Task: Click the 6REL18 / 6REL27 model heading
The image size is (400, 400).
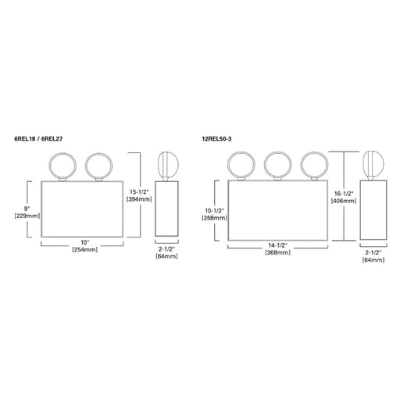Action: (38, 139)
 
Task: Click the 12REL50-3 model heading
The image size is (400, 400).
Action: (216, 139)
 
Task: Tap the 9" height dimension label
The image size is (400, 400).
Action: (27, 209)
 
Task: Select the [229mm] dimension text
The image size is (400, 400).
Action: (27, 216)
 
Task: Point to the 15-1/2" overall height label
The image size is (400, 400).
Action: (139, 192)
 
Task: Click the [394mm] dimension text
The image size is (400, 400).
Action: (139, 199)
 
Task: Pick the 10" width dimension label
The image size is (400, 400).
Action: (84, 242)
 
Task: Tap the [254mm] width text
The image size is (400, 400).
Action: (84, 249)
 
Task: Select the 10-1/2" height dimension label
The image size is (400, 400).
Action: (214, 210)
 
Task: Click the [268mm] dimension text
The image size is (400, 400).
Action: (214, 218)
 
